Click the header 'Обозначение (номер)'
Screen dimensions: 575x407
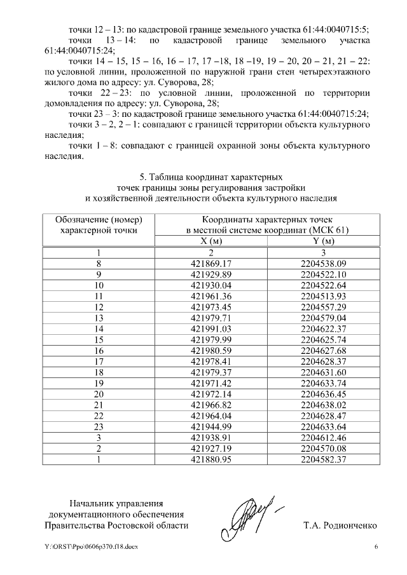99,219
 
